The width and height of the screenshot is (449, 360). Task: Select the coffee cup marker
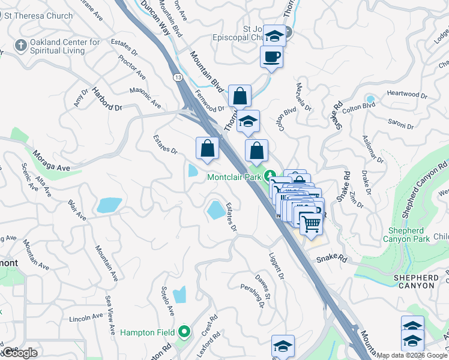coord(271,57)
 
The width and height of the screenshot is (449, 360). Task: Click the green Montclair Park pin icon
coord(271,177)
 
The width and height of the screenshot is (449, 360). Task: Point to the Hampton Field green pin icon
coord(184,332)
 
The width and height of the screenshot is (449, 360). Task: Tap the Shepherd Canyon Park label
coord(409,235)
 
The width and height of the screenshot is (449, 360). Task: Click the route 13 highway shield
coord(178,77)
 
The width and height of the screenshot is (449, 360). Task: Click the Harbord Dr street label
coord(106,99)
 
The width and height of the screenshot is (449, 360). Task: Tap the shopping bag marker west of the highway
coord(207,148)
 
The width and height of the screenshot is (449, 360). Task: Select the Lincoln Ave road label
coord(86,317)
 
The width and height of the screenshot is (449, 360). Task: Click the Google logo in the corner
coord(19,352)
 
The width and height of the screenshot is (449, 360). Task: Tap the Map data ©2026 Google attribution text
coord(412,355)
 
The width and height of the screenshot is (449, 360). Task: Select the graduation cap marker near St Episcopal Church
coord(274,35)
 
